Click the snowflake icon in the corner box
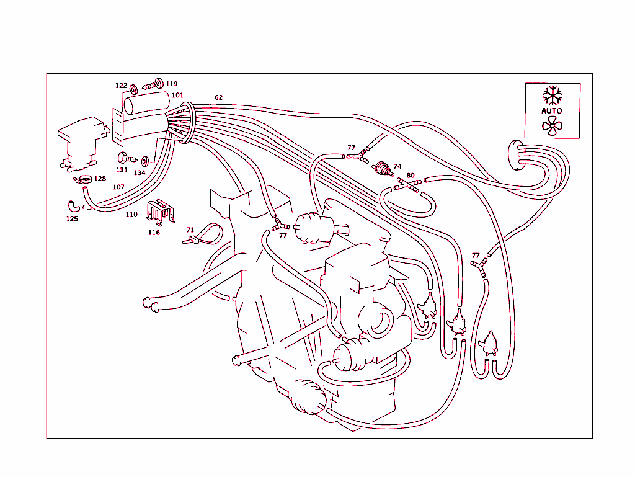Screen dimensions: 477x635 (552, 96)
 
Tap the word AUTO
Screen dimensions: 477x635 (552, 111)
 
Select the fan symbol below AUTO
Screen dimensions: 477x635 (551, 126)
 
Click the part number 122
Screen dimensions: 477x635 (121, 86)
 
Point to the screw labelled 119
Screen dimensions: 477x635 (151, 84)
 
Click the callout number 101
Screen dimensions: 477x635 (177, 95)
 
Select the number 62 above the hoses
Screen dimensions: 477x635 (218, 97)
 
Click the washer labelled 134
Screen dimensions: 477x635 (144, 161)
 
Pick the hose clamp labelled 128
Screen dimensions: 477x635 (84, 179)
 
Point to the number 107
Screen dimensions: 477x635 (118, 187)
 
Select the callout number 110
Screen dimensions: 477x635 (131, 215)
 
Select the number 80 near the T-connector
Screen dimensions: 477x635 (410, 176)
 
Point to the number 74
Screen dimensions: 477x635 (397, 166)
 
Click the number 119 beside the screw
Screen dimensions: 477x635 (171, 84)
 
